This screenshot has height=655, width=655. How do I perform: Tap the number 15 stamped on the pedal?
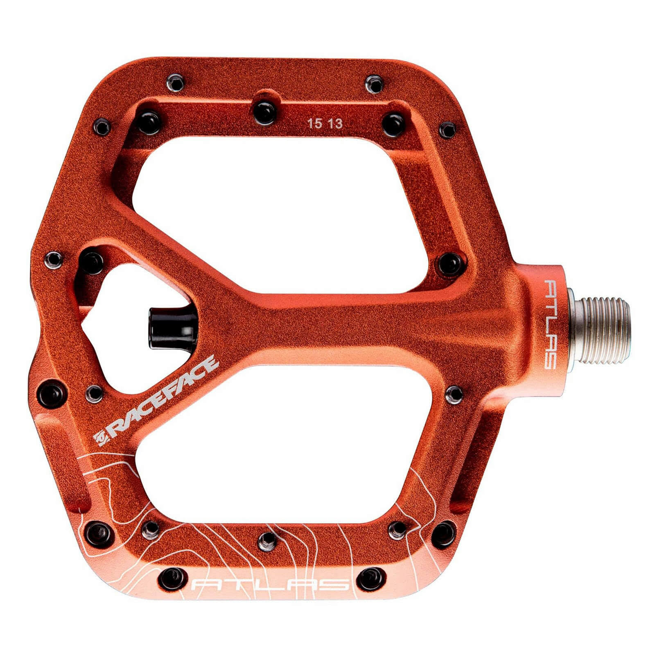tap(315, 124)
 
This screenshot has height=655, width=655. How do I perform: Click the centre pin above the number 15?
tap(264, 111)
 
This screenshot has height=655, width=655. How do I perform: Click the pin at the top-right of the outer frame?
tap(373, 83)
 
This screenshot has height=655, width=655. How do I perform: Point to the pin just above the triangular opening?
tap(92, 262)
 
